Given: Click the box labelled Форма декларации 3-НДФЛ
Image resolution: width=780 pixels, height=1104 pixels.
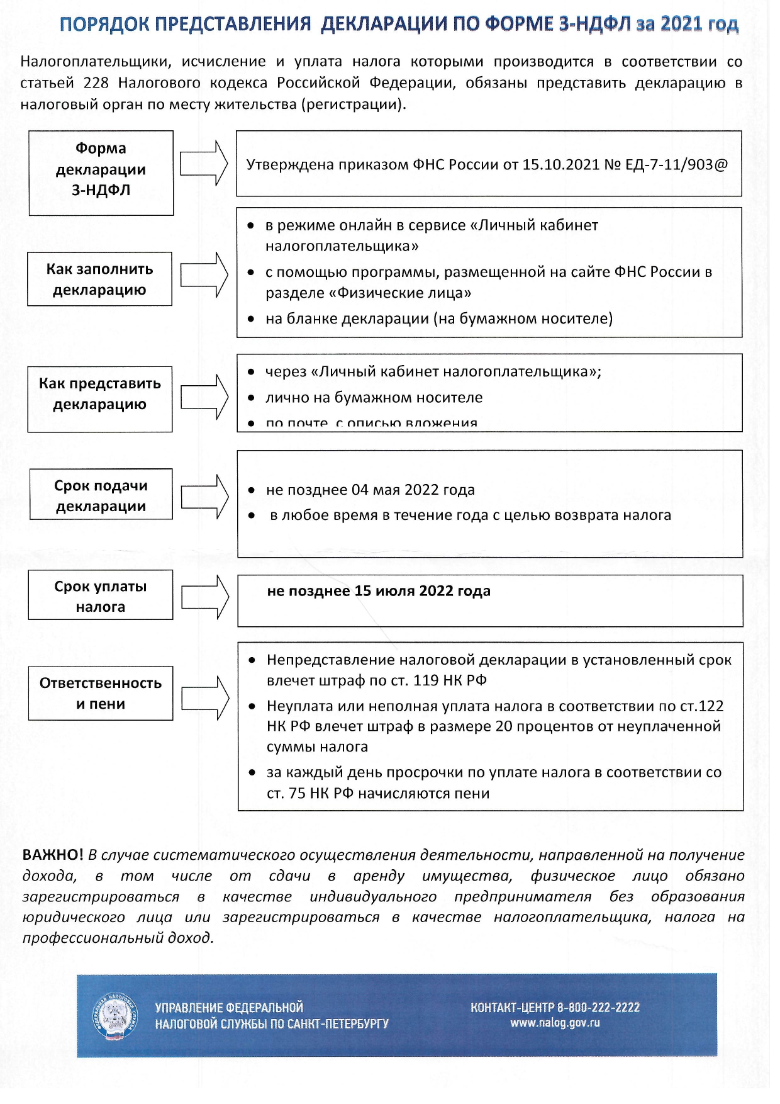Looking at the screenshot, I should [x=101, y=172].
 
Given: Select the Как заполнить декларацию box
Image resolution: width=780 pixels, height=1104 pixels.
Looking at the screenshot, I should [x=99, y=279].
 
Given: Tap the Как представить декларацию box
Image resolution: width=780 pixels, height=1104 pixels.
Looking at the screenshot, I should [x=99, y=398].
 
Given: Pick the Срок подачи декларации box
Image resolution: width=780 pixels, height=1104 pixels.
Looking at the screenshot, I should [x=101, y=494].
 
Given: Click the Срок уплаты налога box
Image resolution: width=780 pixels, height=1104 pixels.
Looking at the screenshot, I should [x=101, y=595].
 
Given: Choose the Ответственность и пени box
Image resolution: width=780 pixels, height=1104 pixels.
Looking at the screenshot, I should [x=101, y=693].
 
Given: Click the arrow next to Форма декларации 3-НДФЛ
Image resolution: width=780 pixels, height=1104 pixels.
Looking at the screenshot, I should [x=204, y=164].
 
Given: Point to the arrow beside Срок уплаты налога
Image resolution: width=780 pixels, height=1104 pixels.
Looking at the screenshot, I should [x=205, y=596].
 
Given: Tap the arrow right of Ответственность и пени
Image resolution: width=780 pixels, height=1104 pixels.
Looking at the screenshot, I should [x=205, y=697].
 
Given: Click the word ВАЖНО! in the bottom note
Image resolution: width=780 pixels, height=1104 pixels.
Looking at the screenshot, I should [x=52, y=855].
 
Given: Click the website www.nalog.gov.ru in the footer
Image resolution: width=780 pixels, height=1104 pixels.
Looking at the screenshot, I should [x=555, y=1023].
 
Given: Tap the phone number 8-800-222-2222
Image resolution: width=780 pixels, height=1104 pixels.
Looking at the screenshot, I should [x=598, y=1007].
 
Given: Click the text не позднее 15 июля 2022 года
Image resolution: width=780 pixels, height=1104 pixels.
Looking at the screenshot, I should [x=379, y=591].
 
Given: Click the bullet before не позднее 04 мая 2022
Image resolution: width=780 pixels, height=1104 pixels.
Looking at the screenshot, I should [x=252, y=490].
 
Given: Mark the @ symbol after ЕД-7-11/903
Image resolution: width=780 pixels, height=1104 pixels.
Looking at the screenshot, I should [x=721, y=165].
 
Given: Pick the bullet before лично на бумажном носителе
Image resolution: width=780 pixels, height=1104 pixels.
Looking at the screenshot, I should [x=251, y=398].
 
